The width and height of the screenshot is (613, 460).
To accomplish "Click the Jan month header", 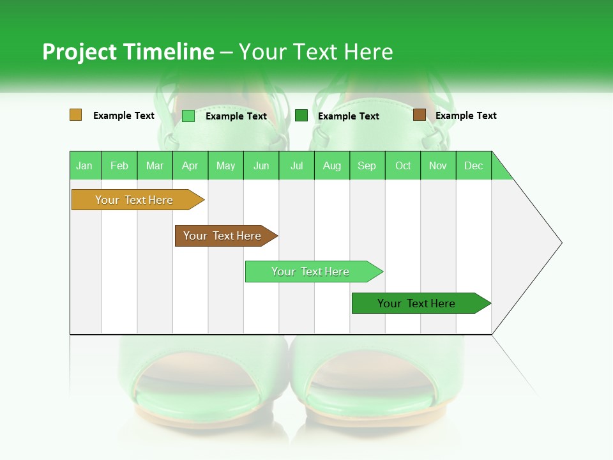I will tap(85, 165).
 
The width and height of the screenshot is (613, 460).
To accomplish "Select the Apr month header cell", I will tap(190, 165).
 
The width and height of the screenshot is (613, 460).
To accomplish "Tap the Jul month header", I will tap(296, 165).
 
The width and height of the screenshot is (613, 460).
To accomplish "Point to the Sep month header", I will tap(367, 165).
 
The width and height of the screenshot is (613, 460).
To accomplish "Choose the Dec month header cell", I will tap(473, 165).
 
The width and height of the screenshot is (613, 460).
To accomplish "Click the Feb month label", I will tap(119, 165).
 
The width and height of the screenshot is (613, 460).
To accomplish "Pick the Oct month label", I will tap(403, 165).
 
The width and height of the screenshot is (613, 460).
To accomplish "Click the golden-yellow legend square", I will tap(76, 115).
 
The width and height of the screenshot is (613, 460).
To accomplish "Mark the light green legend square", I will tap(188, 116).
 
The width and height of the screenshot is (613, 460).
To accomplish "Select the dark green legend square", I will tap(301, 116).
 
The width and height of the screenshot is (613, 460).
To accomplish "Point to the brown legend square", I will tap(419, 115).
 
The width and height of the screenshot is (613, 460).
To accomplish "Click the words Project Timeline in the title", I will tap(128, 52).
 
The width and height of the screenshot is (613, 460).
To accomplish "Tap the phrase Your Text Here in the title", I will tap(315, 52).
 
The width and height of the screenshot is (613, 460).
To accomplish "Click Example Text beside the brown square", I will tap(465, 116).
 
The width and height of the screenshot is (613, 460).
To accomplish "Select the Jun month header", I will tap(261, 165).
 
